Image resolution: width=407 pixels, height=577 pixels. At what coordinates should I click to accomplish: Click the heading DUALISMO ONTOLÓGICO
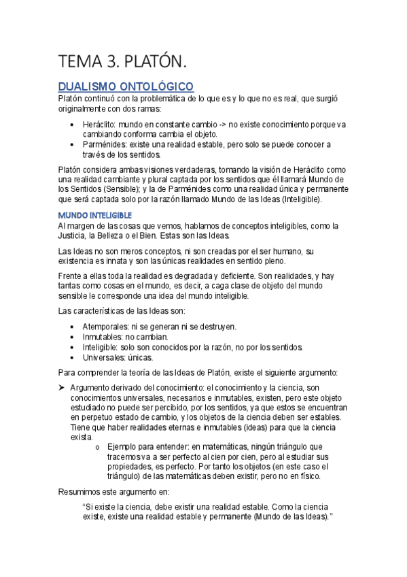pos(126,86)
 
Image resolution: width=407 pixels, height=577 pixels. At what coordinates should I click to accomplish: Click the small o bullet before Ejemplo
pos(99,446)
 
